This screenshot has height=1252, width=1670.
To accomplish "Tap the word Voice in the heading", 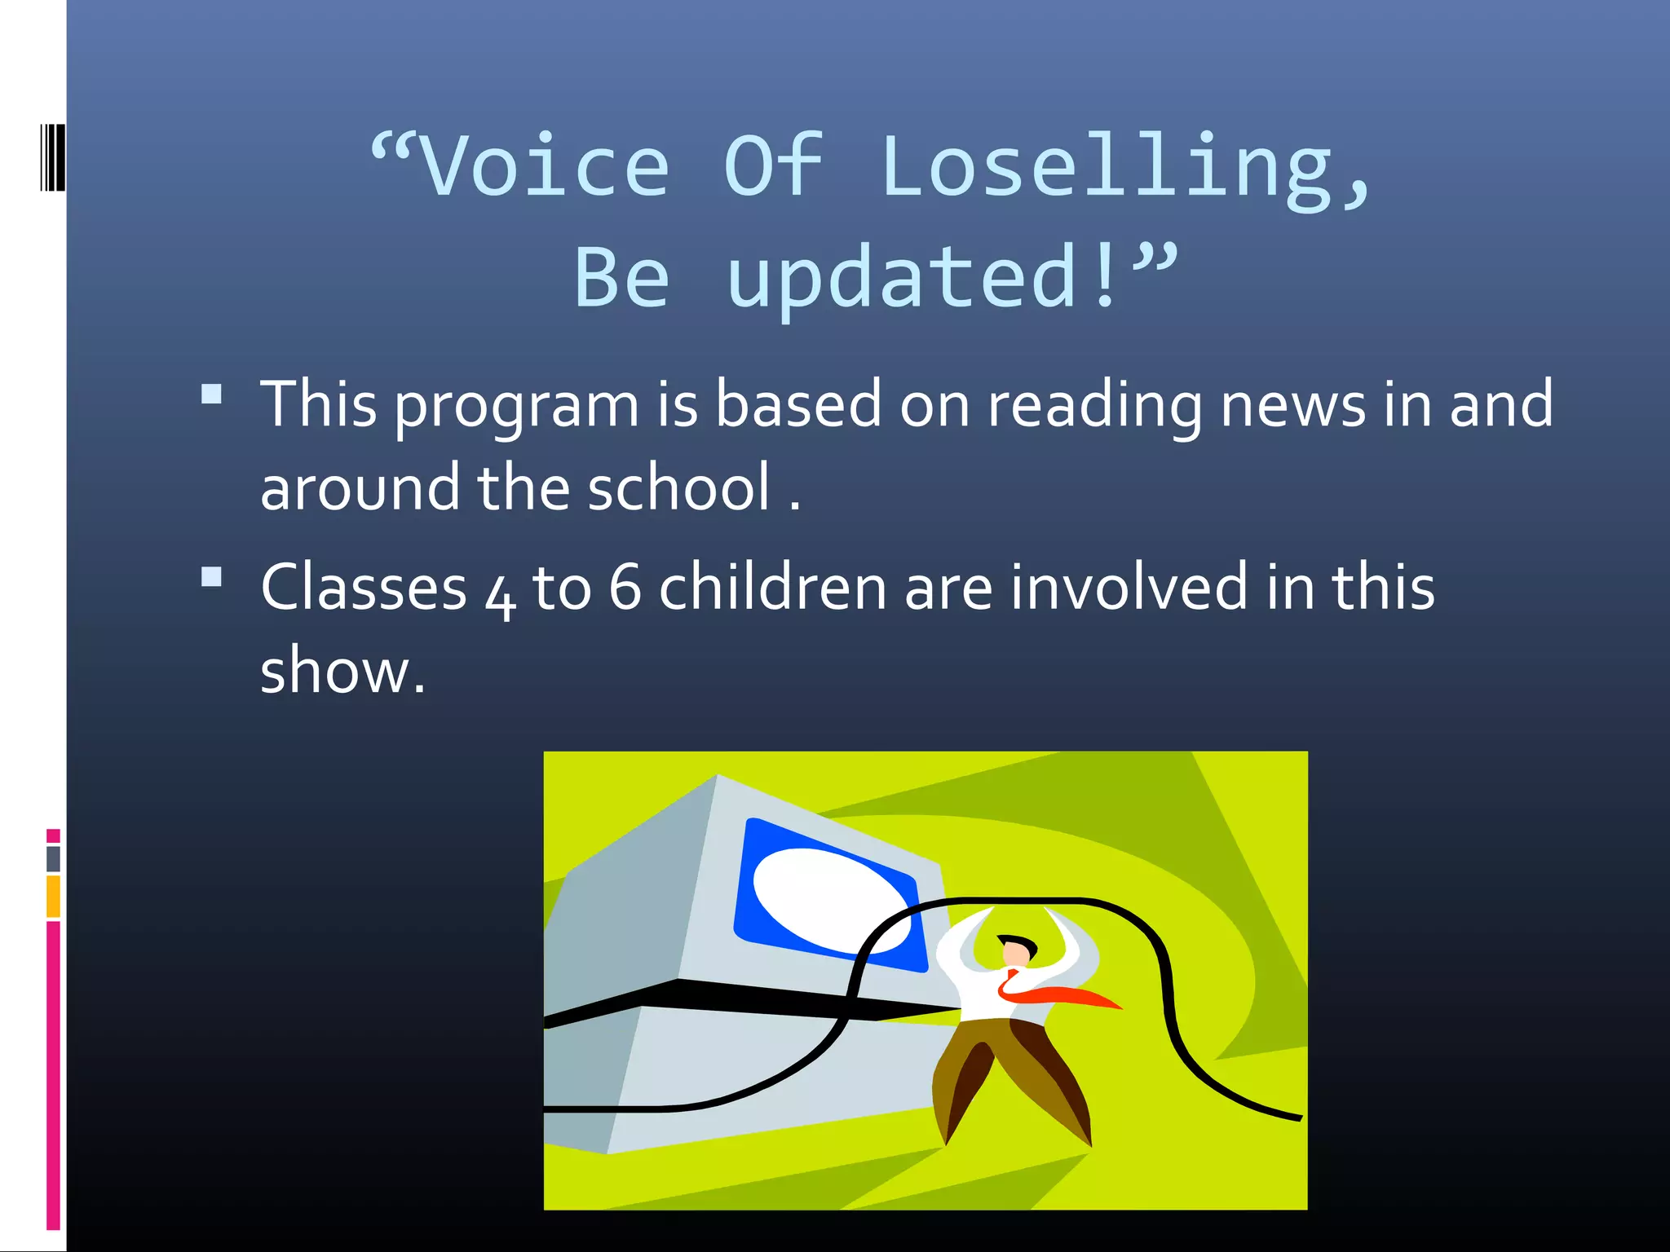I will pos(545,167).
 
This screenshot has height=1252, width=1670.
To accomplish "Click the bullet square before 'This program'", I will pos(212,395).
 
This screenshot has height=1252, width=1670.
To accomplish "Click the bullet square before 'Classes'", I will pos(212,577).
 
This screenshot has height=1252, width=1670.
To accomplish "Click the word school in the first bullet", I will pos(678,487).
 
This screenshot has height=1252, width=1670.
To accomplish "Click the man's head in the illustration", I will pos(1016,950).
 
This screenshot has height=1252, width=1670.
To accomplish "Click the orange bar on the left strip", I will pos(53,897).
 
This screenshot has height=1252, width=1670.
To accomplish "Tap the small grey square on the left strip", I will pos(53,858).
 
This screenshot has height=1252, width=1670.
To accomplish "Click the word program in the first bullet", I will pos(517,405).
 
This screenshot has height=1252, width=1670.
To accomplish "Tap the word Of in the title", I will pos(773,167).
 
